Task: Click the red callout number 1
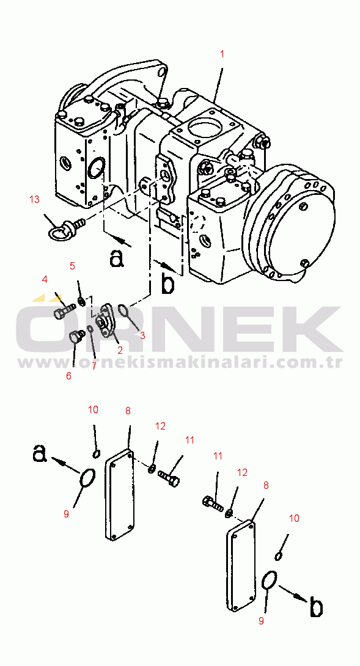click(222, 54)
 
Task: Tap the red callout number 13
click(34, 199)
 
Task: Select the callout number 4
click(44, 279)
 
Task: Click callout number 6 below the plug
click(68, 376)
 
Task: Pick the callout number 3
click(142, 335)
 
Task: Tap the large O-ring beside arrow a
click(87, 478)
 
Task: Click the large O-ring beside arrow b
click(269, 580)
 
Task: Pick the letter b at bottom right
click(315, 607)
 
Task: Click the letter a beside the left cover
click(39, 453)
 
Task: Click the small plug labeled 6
click(76, 336)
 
